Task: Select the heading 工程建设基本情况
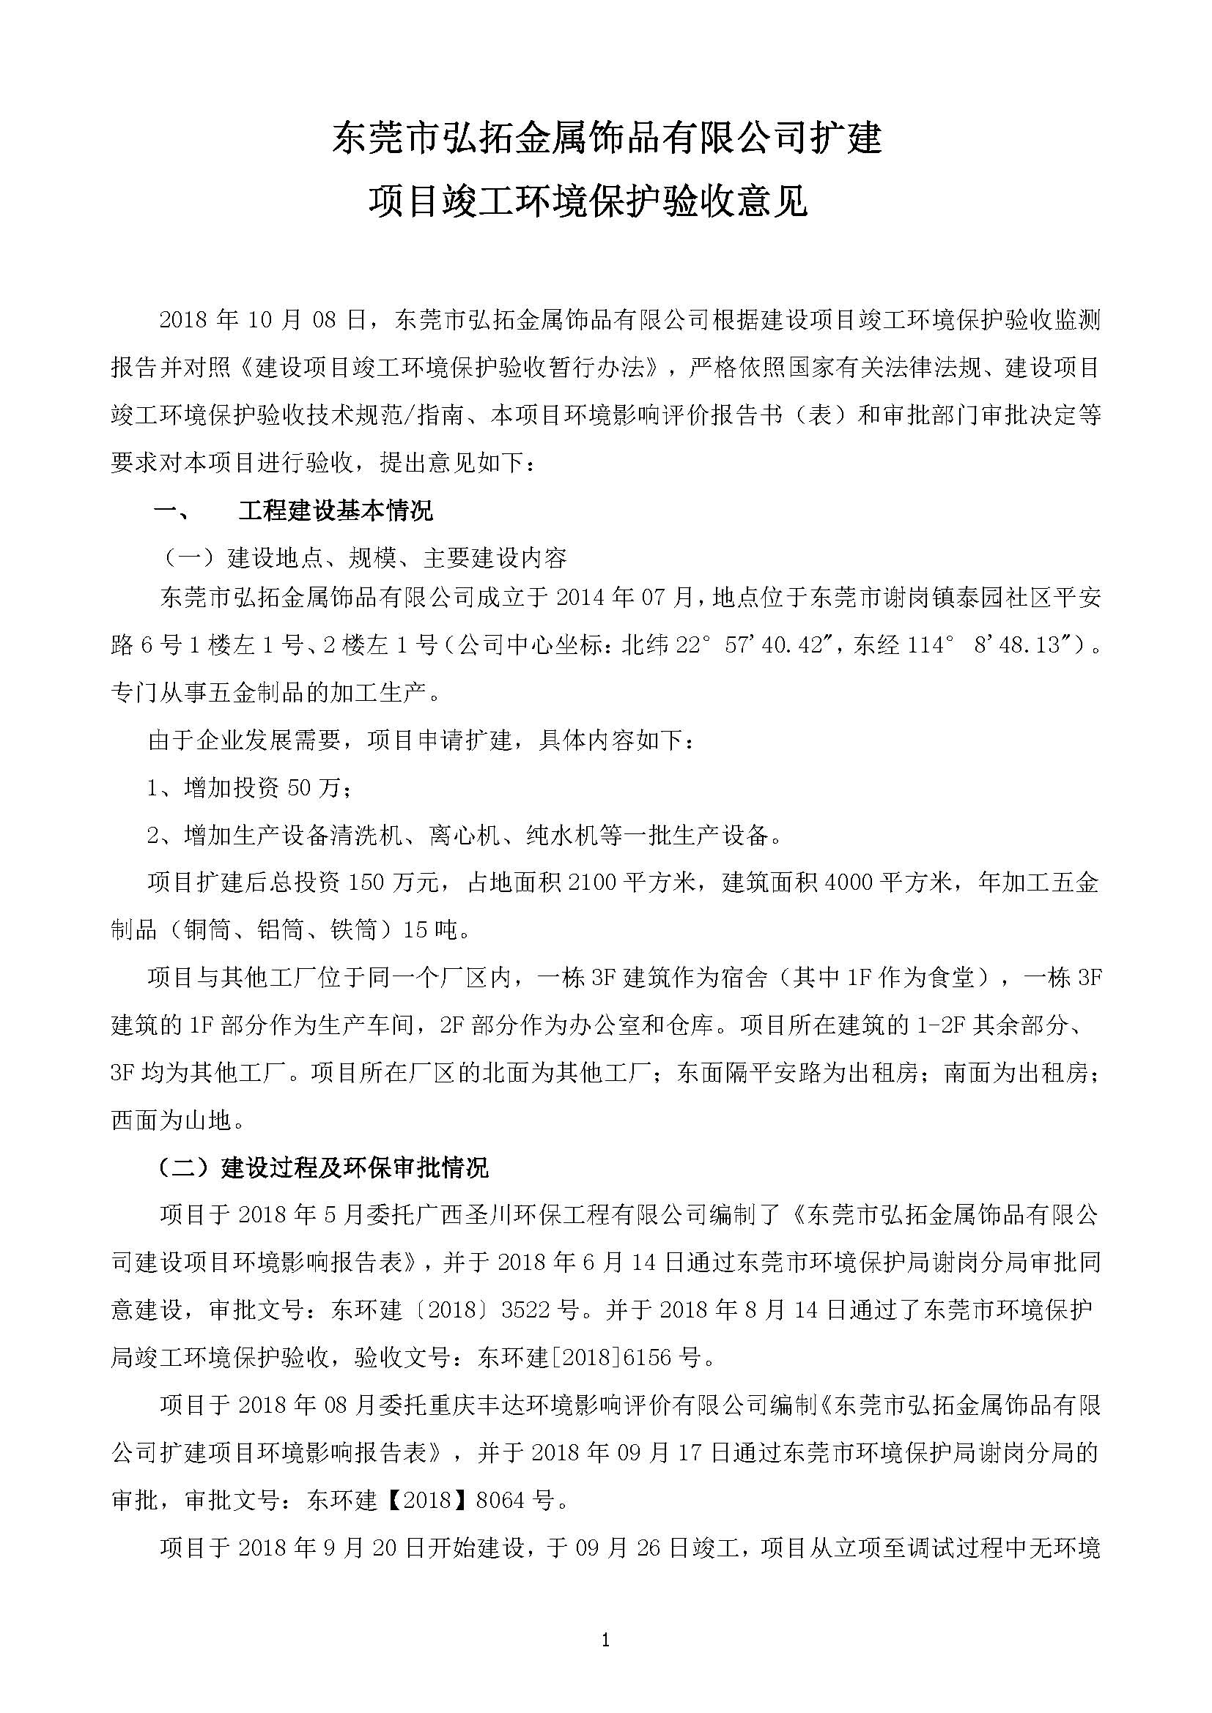click(x=335, y=511)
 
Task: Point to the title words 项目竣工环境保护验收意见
click(x=589, y=201)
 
